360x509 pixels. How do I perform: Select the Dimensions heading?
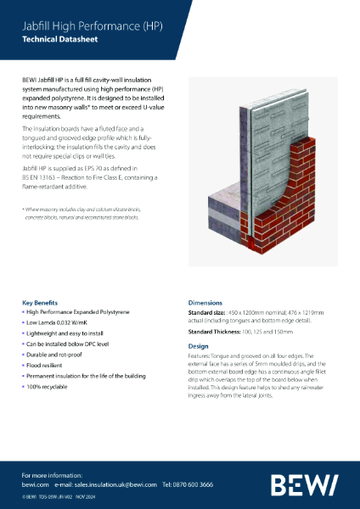pos(205,302)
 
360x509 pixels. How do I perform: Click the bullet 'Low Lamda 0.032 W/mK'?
pos(59,323)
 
